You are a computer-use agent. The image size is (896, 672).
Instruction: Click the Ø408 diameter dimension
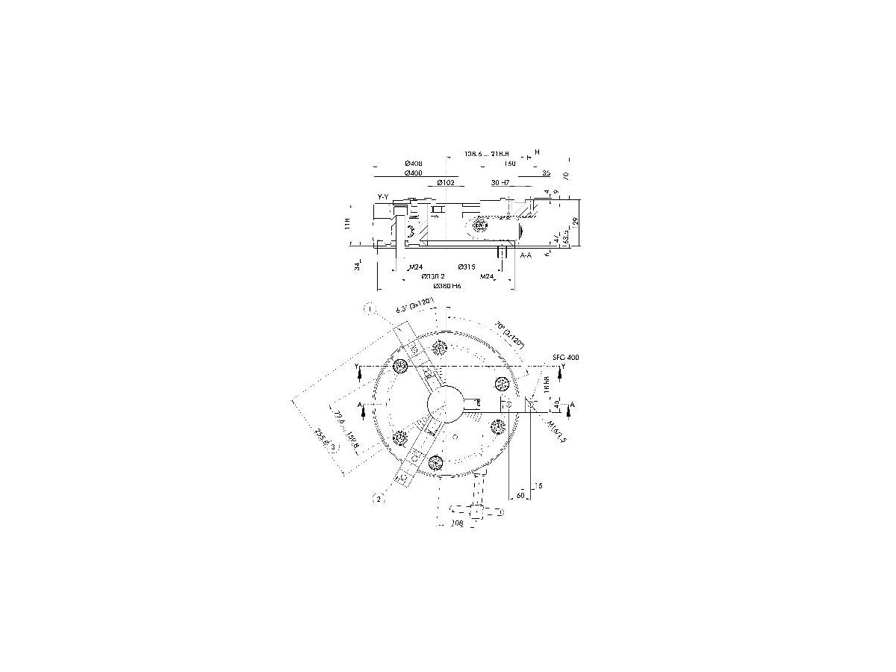[x=414, y=164]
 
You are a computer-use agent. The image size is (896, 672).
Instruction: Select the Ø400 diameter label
[x=414, y=173]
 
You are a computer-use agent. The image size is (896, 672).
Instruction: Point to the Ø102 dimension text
[x=445, y=183]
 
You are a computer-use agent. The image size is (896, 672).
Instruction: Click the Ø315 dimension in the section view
[x=465, y=267]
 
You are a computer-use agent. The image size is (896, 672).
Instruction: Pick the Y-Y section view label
[x=383, y=196]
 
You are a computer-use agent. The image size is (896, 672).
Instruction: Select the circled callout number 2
[x=379, y=499]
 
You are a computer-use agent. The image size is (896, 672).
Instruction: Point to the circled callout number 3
[x=334, y=447]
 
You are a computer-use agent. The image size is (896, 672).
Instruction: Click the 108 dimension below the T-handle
[x=458, y=524]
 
